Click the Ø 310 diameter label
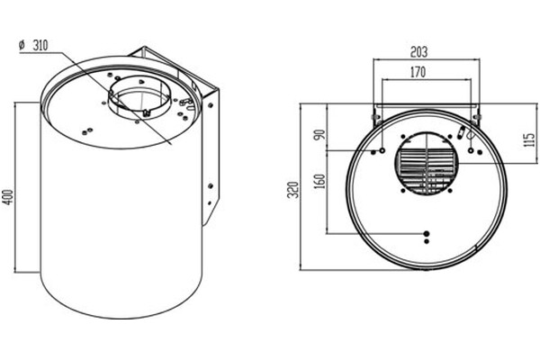33,46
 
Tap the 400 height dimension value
8,197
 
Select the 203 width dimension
418,51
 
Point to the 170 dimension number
418,72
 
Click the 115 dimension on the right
530,139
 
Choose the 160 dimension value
319,181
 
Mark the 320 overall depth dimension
293,190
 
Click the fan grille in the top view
427,164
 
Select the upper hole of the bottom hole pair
427,234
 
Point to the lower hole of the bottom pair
427,241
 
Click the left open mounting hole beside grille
382,150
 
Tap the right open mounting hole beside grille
471,150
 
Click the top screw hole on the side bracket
211,104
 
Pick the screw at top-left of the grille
403,137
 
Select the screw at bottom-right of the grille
450,191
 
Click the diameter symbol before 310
22,46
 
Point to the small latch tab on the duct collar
147,112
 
